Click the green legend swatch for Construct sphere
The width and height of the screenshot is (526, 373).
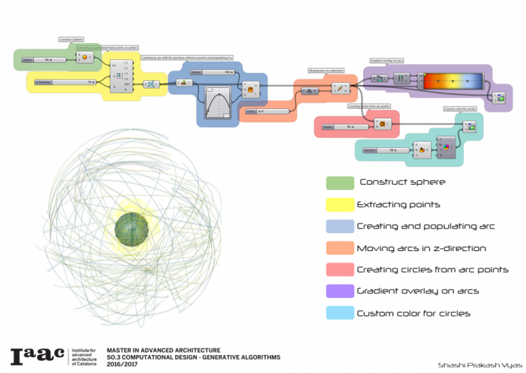click(x=339, y=183)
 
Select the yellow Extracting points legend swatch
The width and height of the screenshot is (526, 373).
click(x=339, y=204)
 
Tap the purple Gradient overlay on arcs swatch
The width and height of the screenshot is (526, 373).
click(x=339, y=291)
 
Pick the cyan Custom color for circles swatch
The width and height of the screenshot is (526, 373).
click(x=339, y=313)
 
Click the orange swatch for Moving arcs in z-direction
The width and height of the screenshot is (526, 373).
click(x=339, y=247)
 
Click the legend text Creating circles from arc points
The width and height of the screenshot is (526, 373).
click(x=432, y=270)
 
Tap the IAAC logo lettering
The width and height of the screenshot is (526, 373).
click(x=37, y=356)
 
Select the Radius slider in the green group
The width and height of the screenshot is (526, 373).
click(x=45, y=60)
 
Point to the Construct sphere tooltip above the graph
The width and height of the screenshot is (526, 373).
click(x=71, y=39)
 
